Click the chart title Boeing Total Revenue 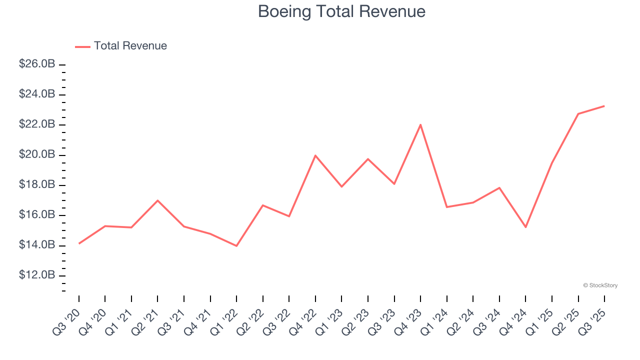pyautogui.click(x=341, y=11)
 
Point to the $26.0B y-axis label pyautogui.click(x=37, y=64)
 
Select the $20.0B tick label pyautogui.click(x=37, y=154)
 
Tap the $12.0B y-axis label pyautogui.click(x=37, y=275)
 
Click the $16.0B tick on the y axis pyautogui.click(x=37, y=215)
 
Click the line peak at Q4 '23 pyautogui.click(x=420, y=124)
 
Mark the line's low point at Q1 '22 pyautogui.click(x=236, y=246)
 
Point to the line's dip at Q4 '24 pyautogui.click(x=525, y=227)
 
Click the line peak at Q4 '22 pyautogui.click(x=315, y=155)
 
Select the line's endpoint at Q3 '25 pyautogui.click(x=604, y=106)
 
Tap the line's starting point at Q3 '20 pyautogui.click(x=79, y=243)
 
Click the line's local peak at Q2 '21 pyautogui.click(x=157, y=200)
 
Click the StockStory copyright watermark pyautogui.click(x=600, y=285)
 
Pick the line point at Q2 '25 pyautogui.click(x=578, y=114)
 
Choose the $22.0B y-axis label pyautogui.click(x=37, y=124)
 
